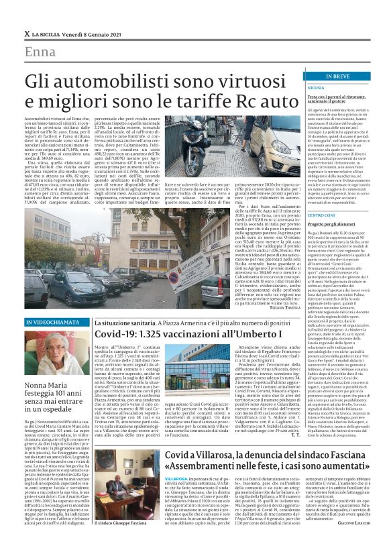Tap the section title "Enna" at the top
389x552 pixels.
40,53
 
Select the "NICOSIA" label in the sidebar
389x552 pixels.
298,88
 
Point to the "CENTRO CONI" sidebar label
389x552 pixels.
302,233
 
